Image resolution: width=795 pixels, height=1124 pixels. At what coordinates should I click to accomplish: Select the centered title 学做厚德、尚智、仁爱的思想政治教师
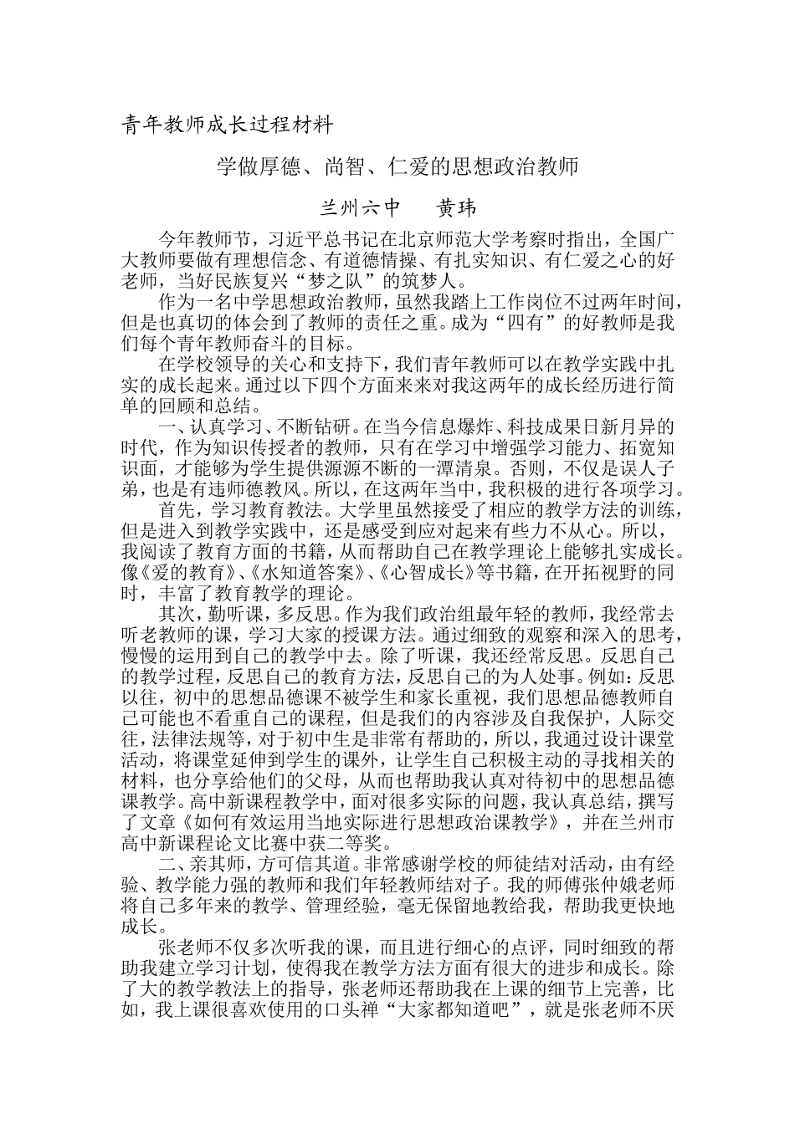397,166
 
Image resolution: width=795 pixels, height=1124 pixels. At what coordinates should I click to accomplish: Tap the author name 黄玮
458,206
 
